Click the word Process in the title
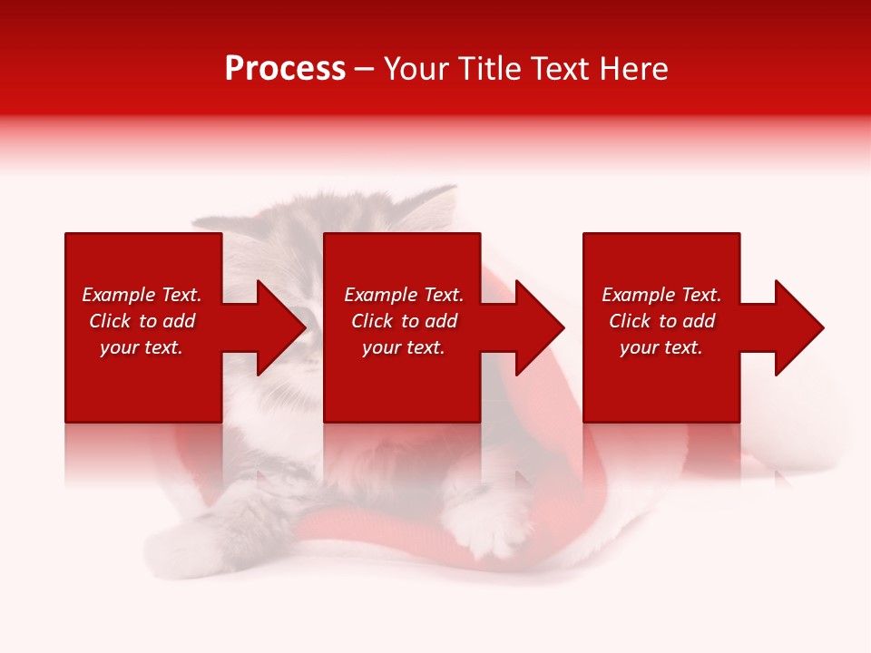[x=285, y=69]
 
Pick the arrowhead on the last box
[x=798, y=327]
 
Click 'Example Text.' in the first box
[x=142, y=295]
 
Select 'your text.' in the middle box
[x=403, y=347]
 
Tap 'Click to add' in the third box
[x=661, y=321]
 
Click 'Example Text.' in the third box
[x=661, y=295]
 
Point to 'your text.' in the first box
[x=142, y=347]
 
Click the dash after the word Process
[x=364, y=70]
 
